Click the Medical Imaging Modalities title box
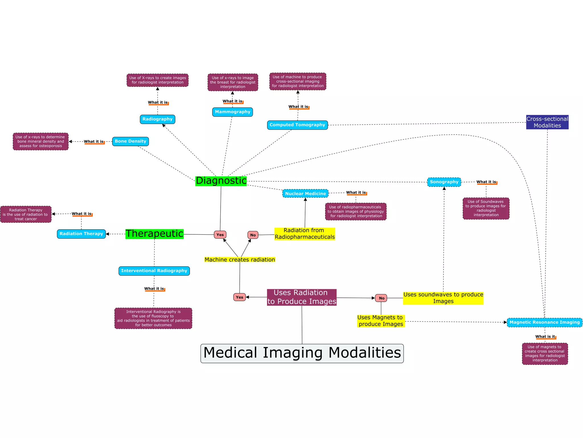(302, 353)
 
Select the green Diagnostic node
(221, 181)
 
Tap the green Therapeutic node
(154, 234)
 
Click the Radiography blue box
(157, 119)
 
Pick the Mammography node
(232, 112)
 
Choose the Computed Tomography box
(297, 125)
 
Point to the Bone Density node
(130, 141)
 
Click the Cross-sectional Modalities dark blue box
(547, 122)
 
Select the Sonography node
(444, 182)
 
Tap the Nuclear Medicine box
(305, 194)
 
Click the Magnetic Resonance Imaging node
(544, 323)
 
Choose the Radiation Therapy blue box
(81, 234)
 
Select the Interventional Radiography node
(154, 271)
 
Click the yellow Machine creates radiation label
(240, 260)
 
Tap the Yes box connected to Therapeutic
(220, 235)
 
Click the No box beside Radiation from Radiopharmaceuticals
(253, 235)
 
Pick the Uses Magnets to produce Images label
(381, 321)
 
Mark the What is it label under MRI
(545, 337)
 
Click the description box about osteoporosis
(41, 141)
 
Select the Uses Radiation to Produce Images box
(302, 297)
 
